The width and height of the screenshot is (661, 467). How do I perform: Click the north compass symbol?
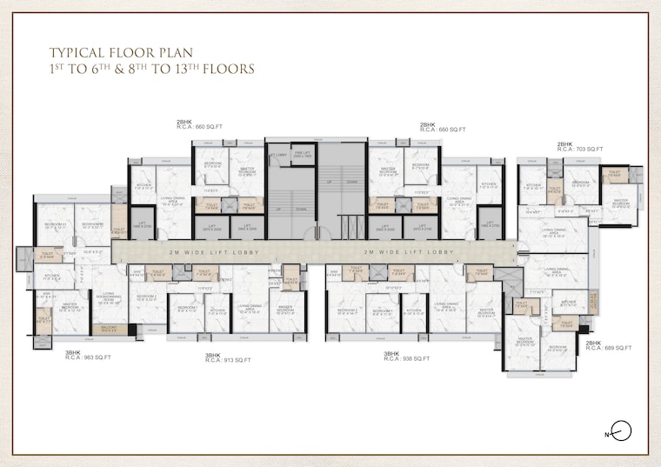pos(620,430)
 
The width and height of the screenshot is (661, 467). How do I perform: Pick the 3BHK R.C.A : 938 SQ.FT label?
pos(406,356)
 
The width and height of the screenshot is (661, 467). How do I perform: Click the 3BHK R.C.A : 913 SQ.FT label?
pos(228,357)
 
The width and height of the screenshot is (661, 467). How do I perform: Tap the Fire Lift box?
pos(303,154)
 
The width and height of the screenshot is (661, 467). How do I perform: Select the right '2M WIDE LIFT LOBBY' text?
pos(409,252)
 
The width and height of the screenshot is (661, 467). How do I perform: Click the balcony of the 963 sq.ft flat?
pos(109,328)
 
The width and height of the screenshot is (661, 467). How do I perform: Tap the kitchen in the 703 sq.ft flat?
pos(532,185)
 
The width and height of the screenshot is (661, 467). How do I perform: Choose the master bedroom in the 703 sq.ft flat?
pos(620,203)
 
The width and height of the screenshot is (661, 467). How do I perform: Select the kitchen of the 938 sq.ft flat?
pos(414,310)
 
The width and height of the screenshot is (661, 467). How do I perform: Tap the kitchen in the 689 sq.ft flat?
pos(567,304)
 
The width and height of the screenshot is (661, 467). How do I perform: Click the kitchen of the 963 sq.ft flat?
pos(52,279)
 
